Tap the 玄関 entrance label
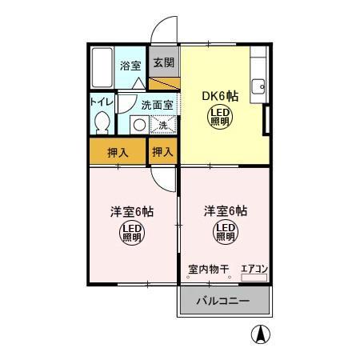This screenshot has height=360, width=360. tap(163, 62)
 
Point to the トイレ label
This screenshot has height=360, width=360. tap(101, 102)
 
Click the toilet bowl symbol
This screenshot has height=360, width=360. tap(101, 122)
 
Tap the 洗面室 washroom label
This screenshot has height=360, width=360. tap(156, 105)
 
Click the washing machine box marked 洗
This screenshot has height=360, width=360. tap(162, 124)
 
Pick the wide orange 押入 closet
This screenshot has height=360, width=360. tap(118, 151)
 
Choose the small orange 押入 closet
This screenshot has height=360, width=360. tap(163, 151)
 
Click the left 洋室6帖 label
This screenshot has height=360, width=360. tap(132, 212)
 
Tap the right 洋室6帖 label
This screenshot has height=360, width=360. tap(224, 212)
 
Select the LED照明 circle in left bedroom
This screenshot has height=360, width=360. tap(132, 234)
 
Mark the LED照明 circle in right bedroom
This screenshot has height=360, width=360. tap(224, 234)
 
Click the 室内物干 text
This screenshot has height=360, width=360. tap(209, 270)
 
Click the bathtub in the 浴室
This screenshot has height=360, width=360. tap(102, 67)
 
